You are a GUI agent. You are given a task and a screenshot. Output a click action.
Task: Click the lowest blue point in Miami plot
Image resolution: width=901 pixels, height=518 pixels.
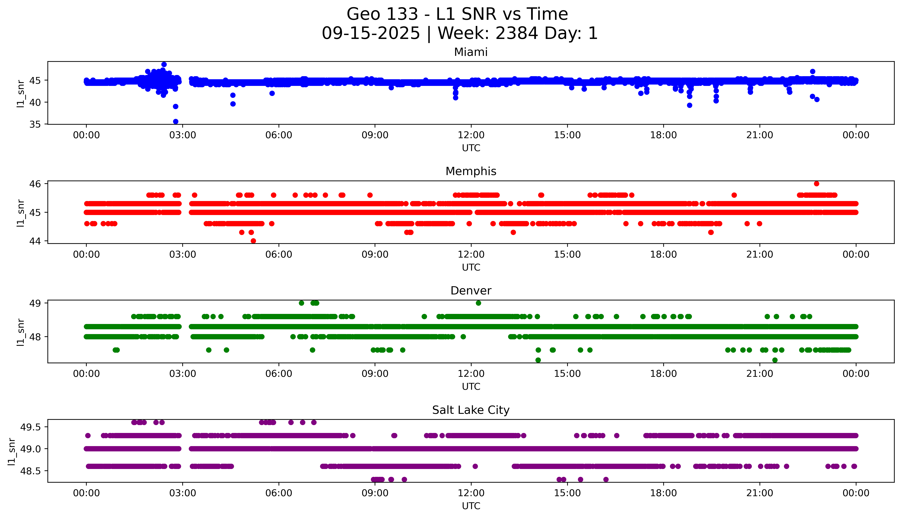(x=176, y=122)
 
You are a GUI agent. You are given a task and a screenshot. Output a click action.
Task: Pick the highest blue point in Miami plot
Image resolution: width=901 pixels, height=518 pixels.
(x=164, y=64)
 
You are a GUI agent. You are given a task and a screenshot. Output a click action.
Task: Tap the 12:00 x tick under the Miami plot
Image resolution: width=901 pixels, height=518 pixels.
(x=471, y=135)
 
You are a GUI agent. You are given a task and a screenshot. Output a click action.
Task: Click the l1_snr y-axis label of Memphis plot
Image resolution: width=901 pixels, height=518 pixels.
(x=21, y=213)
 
